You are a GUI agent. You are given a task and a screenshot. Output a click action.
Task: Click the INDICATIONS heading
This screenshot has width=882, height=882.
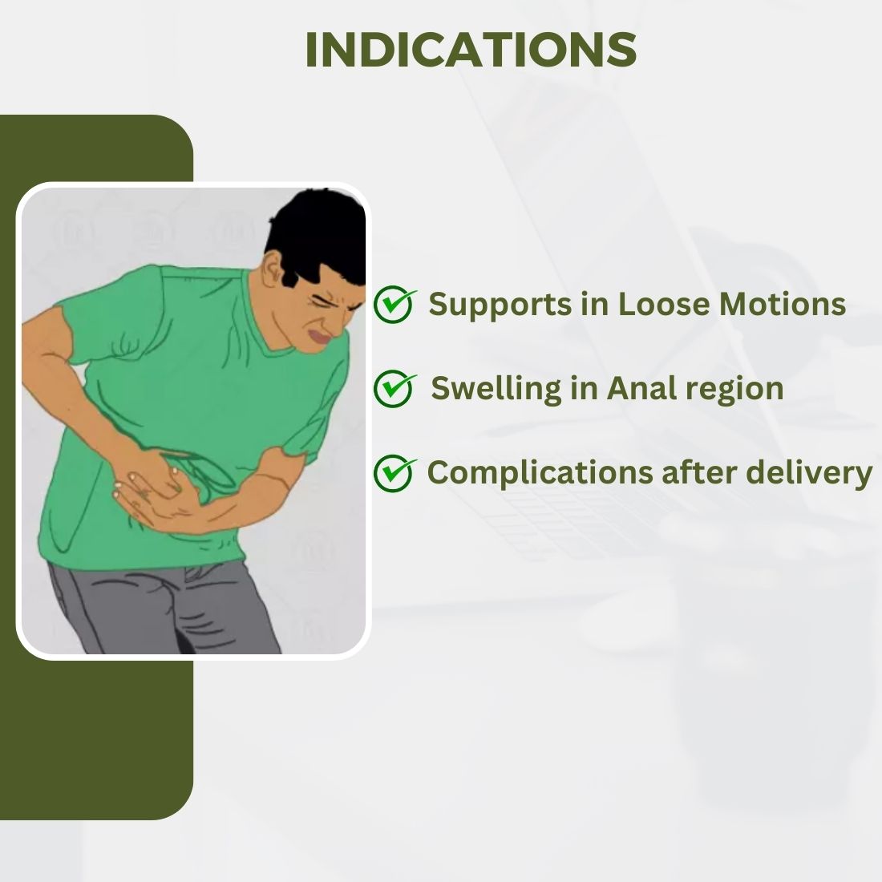click(471, 50)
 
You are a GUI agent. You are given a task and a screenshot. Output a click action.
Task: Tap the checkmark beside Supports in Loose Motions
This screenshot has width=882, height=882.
click(394, 304)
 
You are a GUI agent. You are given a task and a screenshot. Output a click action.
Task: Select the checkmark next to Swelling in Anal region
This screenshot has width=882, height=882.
click(394, 388)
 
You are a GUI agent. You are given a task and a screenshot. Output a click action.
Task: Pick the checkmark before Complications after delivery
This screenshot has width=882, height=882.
click(394, 473)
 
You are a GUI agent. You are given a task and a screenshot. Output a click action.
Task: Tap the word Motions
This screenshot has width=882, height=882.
click(783, 305)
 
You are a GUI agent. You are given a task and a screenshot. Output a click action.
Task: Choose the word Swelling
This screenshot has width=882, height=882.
click(496, 390)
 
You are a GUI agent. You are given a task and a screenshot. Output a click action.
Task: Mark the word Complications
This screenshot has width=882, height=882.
click(540, 474)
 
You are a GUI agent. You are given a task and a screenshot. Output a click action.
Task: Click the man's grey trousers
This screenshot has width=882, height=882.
click(163, 609)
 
